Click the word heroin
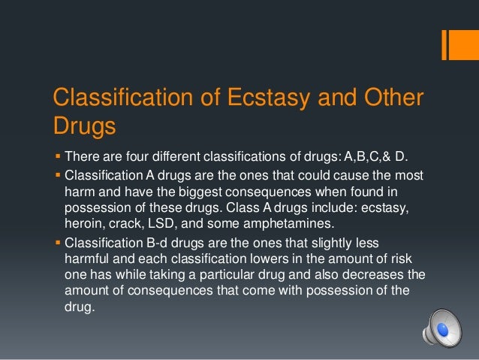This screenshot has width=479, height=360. coord(86,223)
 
